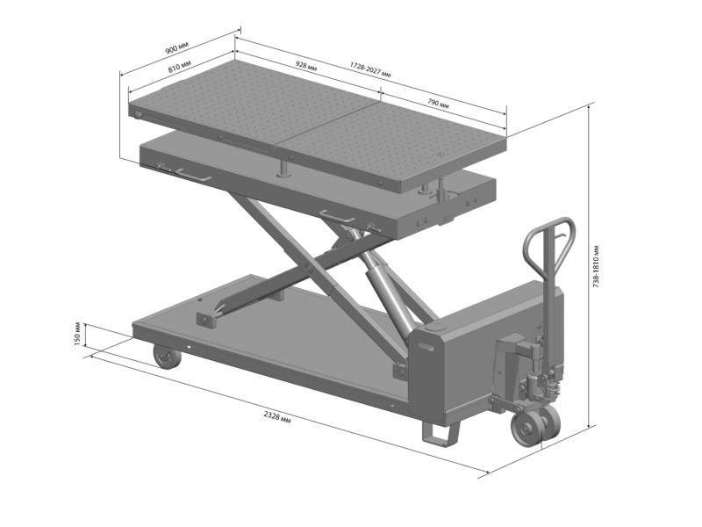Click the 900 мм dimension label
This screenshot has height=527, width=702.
click(177, 48)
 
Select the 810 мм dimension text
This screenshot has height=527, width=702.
click(180, 68)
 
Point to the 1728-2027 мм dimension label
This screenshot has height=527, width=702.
click(370, 70)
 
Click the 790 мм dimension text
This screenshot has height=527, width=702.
click(438, 104)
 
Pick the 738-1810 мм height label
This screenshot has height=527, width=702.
click(597, 266)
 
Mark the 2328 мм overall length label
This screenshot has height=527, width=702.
click(277, 418)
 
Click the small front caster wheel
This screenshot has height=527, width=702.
click(167, 357)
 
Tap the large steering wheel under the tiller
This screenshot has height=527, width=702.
click(535, 425)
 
